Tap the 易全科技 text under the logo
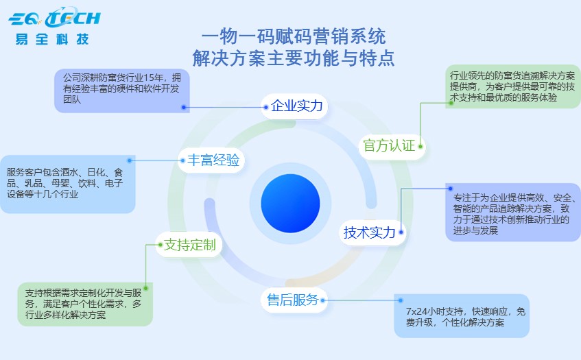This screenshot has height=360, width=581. tap(52, 39)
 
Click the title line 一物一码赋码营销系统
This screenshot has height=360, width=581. tap(294, 36)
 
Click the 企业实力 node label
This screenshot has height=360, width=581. tap(296, 106)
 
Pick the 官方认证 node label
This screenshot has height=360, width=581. tap(388, 145)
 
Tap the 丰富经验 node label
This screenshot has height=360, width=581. tap(213, 160)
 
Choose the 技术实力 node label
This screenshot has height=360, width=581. tap(370, 232)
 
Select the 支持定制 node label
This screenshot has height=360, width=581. tap(190, 245)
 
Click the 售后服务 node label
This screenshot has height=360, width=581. tap(292, 300)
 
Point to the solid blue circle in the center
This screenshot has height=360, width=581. tap(290, 204)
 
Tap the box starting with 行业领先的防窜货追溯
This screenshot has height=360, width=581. tap(512, 86)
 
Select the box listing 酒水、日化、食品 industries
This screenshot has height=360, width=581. tap(67, 183)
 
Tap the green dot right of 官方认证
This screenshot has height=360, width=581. tap(420, 145)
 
